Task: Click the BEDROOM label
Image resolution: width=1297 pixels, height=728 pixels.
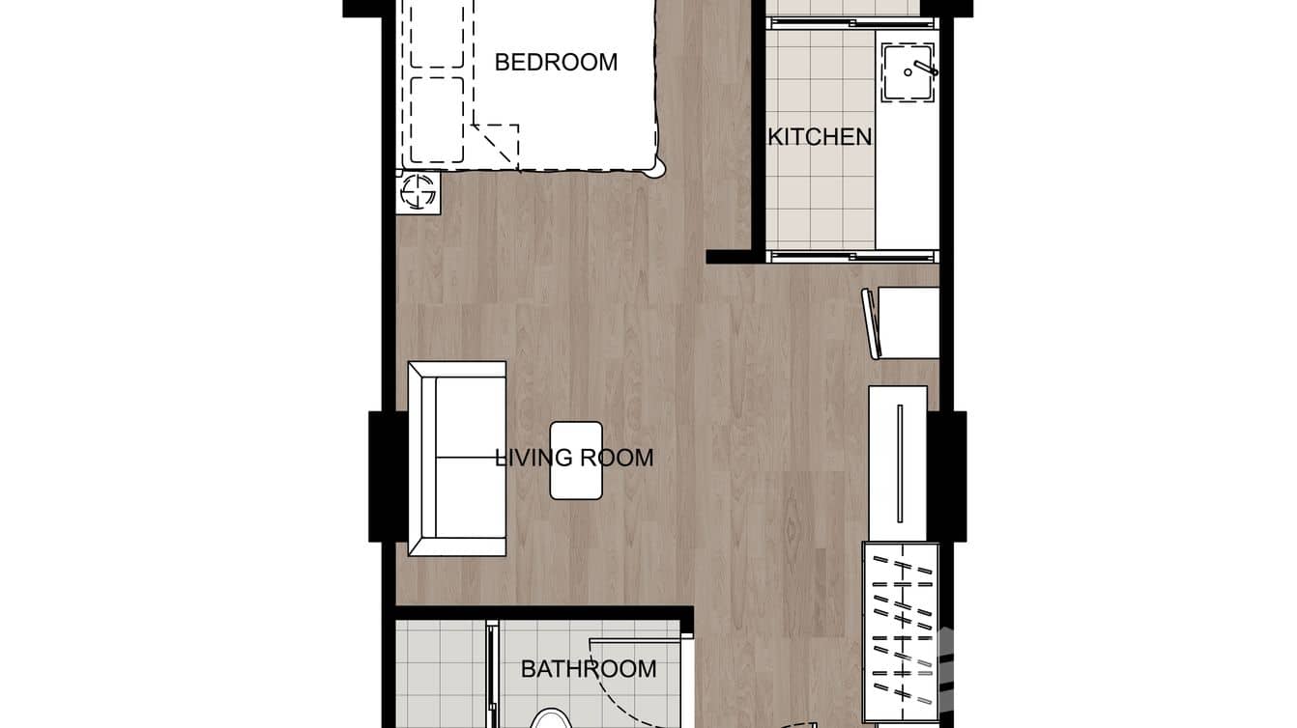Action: (556, 62)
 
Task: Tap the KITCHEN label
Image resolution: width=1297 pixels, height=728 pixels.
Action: (820, 137)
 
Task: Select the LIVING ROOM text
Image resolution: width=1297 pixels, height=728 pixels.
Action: (574, 458)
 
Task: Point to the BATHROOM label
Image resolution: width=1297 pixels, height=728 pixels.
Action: (589, 669)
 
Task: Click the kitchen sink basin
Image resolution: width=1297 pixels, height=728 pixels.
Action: (908, 73)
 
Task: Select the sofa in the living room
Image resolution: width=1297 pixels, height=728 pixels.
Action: (457, 459)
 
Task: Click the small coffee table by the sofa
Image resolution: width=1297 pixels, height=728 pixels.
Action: (576, 461)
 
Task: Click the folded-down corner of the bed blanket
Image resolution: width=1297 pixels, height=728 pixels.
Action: (497, 144)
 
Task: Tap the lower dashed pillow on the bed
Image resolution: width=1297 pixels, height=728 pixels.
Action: (437, 120)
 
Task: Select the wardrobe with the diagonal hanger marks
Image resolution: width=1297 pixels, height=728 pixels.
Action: (900, 631)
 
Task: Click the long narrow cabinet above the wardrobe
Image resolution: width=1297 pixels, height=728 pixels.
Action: (898, 463)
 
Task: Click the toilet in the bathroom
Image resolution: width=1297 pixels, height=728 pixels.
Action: (550, 718)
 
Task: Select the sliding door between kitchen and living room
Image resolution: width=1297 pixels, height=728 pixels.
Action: (851, 256)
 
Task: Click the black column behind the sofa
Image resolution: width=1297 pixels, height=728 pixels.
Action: (388, 476)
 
